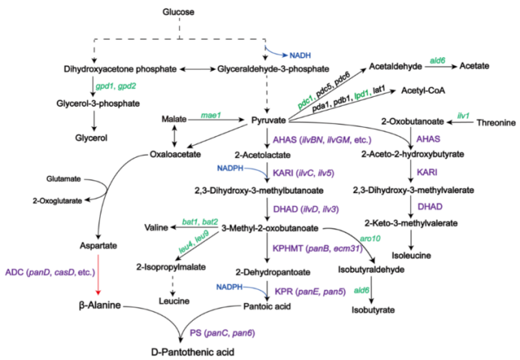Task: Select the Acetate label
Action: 477,66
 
